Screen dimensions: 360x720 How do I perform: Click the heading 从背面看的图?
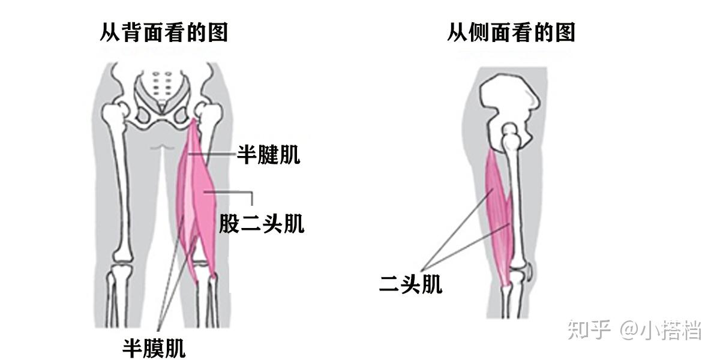coord(164,32)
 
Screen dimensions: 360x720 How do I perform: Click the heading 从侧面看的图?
coord(511,32)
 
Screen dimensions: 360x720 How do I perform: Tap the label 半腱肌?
coord(268,155)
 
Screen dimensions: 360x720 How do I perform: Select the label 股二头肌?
coord(261,224)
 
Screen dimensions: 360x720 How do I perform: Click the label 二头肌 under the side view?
coord(410,284)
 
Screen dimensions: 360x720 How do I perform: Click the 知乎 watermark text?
coord(589,330)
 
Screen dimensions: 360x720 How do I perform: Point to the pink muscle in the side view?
coord(499,210)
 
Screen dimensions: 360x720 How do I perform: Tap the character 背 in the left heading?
coord(134,32)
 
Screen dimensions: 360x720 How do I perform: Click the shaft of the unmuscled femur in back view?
coord(122,192)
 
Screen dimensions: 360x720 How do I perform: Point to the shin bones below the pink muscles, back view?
coord(207,300)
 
